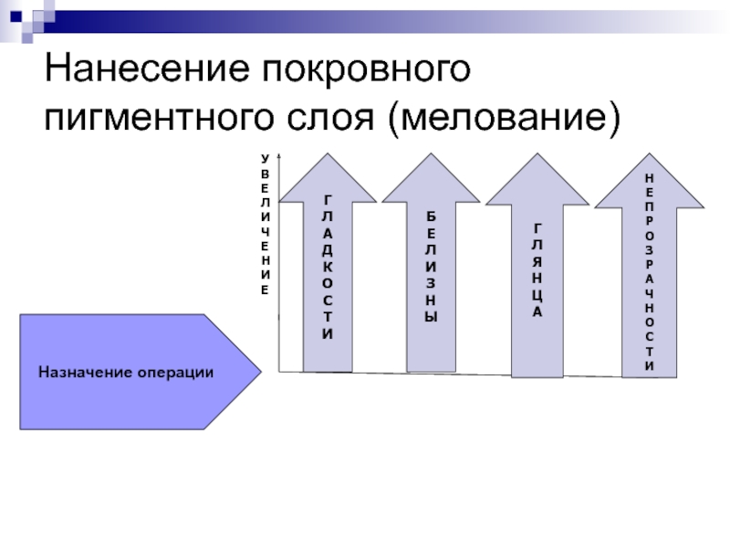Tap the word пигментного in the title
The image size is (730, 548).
pos(159,119)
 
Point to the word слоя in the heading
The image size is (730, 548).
pos(330,118)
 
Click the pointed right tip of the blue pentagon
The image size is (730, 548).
pos(261,372)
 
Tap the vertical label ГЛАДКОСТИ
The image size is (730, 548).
pos(328,267)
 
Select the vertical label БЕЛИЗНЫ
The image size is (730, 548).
pos(431,267)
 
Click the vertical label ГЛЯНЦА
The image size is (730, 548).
pos(537,270)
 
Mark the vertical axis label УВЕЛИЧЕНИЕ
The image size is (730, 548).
pos(265,225)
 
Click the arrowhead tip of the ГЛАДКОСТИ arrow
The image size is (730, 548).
pos(328,153)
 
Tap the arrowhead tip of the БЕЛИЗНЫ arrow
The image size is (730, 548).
pos(431,153)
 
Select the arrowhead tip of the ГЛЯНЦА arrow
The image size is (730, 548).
pos(537,153)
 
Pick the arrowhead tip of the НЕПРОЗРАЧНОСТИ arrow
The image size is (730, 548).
pos(650,153)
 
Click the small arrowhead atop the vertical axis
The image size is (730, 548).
pos(279,155)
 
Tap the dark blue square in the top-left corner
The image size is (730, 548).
pos(16,16)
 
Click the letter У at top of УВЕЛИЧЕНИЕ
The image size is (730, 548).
pos(265,159)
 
